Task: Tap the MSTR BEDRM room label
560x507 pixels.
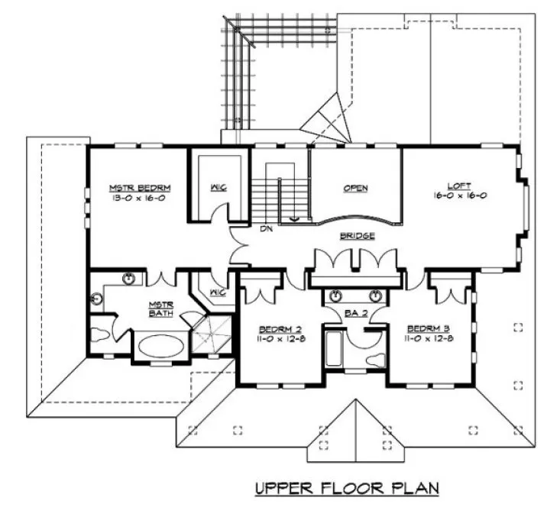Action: [x=139, y=187]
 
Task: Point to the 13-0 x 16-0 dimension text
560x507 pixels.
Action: [x=139, y=198]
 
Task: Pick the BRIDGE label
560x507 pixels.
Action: [x=357, y=236]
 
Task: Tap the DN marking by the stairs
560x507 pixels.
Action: [x=267, y=228]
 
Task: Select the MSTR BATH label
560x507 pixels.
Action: [x=162, y=308]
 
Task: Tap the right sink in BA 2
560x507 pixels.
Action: [x=375, y=295]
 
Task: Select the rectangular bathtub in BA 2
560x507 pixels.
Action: [x=333, y=347]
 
